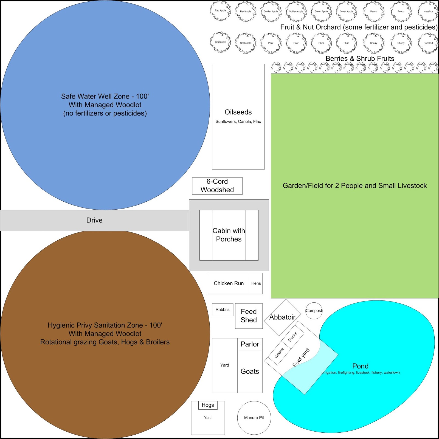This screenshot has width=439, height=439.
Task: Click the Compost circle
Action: [x=314, y=311]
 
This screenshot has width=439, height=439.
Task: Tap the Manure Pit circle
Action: [x=254, y=418]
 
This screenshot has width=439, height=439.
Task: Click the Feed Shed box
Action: [x=249, y=316]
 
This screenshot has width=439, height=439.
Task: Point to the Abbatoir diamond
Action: [x=282, y=317]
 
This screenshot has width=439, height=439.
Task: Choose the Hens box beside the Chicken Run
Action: [x=256, y=283]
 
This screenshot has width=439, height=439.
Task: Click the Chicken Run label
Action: [x=229, y=283]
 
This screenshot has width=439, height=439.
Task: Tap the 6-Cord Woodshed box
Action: [x=217, y=186]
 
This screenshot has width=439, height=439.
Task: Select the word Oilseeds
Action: [x=238, y=112]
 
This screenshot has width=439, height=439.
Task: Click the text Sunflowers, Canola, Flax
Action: [x=238, y=122]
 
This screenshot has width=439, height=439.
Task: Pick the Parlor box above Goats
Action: [x=250, y=344]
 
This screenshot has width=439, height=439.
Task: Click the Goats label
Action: [x=250, y=371]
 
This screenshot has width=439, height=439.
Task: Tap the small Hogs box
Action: [x=208, y=405]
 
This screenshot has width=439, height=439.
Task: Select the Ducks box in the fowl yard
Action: [x=292, y=337]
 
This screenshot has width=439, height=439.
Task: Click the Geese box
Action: [x=279, y=353]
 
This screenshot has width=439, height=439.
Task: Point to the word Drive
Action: [x=94, y=220]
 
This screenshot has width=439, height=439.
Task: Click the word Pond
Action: [x=360, y=366]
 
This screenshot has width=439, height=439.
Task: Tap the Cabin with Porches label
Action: [x=229, y=235]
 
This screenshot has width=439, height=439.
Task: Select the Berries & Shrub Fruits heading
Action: [x=360, y=58]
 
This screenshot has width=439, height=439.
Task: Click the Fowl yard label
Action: [x=301, y=357]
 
